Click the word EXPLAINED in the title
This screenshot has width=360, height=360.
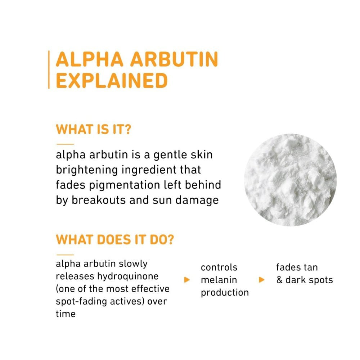[x=112, y=81]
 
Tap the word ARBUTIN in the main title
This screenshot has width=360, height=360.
[x=174, y=59]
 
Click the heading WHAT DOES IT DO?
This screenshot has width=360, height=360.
[x=115, y=239]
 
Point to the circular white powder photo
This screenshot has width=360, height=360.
[x=291, y=180]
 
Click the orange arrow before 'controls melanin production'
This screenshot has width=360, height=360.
[x=187, y=280]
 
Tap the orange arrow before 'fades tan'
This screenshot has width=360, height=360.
[x=261, y=280]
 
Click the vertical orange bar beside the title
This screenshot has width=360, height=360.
[x=49, y=69]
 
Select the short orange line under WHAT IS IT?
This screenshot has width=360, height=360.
[x=65, y=144]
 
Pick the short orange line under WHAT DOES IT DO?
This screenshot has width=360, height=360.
[x=65, y=255]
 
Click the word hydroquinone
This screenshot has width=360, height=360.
[x=128, y=276]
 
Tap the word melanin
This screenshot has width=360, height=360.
[x=219, y=280]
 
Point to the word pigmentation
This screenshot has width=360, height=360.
[x=125, y=185]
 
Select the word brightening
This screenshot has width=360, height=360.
[x=87, y=170]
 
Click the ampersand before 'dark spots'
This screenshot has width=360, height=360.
[x=279, y=280]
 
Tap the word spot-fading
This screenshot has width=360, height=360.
[x=81, y=302]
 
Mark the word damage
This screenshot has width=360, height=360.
[x=197, y=201]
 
